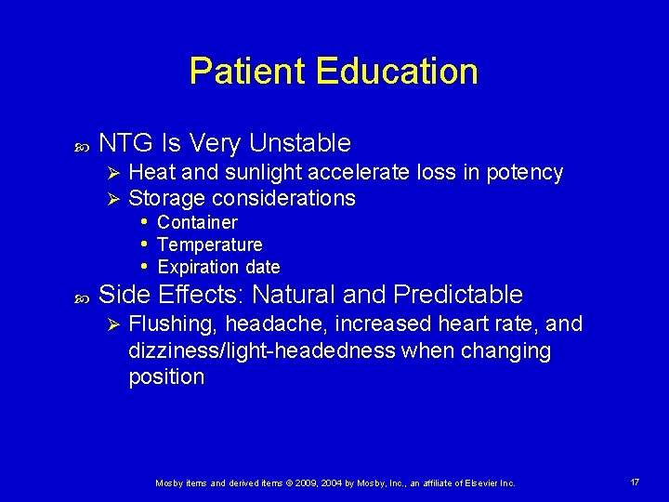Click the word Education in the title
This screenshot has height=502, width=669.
coord(397,72)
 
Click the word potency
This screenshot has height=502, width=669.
coord(525,173)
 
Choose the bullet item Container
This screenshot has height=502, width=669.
coord(197,222)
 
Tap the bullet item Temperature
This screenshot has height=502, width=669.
coord(210,244)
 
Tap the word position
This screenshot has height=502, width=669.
coord(166,376)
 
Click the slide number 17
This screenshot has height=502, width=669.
coord(635,482)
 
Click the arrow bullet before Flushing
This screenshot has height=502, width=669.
coord(111,324)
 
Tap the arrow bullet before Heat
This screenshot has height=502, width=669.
coord(111,173)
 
